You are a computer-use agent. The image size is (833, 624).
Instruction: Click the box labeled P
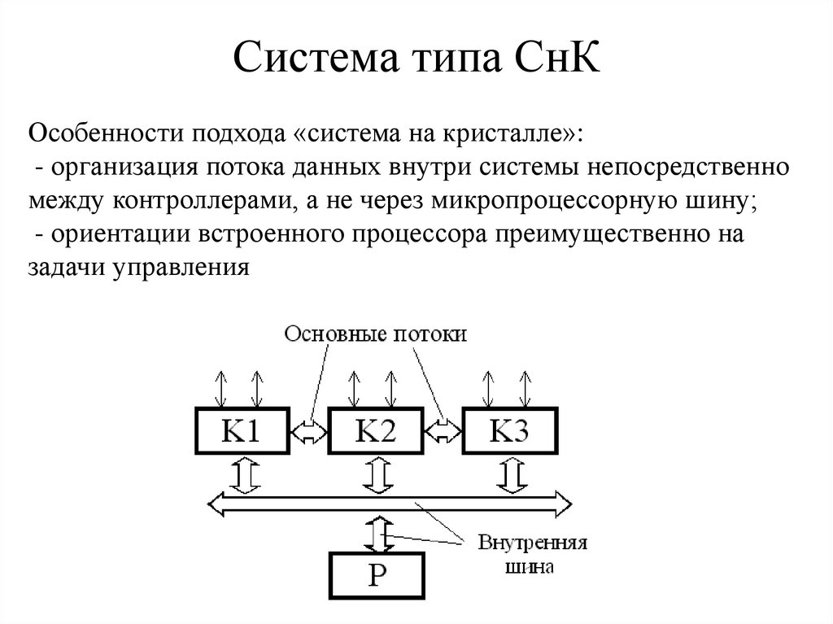(x=377, y=574)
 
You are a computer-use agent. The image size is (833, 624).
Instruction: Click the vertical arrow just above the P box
(x=377, y=533)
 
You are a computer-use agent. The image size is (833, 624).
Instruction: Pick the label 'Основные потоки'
(x=375, y=334)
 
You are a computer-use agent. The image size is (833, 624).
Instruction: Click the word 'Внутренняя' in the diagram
(x=532, y=543)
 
